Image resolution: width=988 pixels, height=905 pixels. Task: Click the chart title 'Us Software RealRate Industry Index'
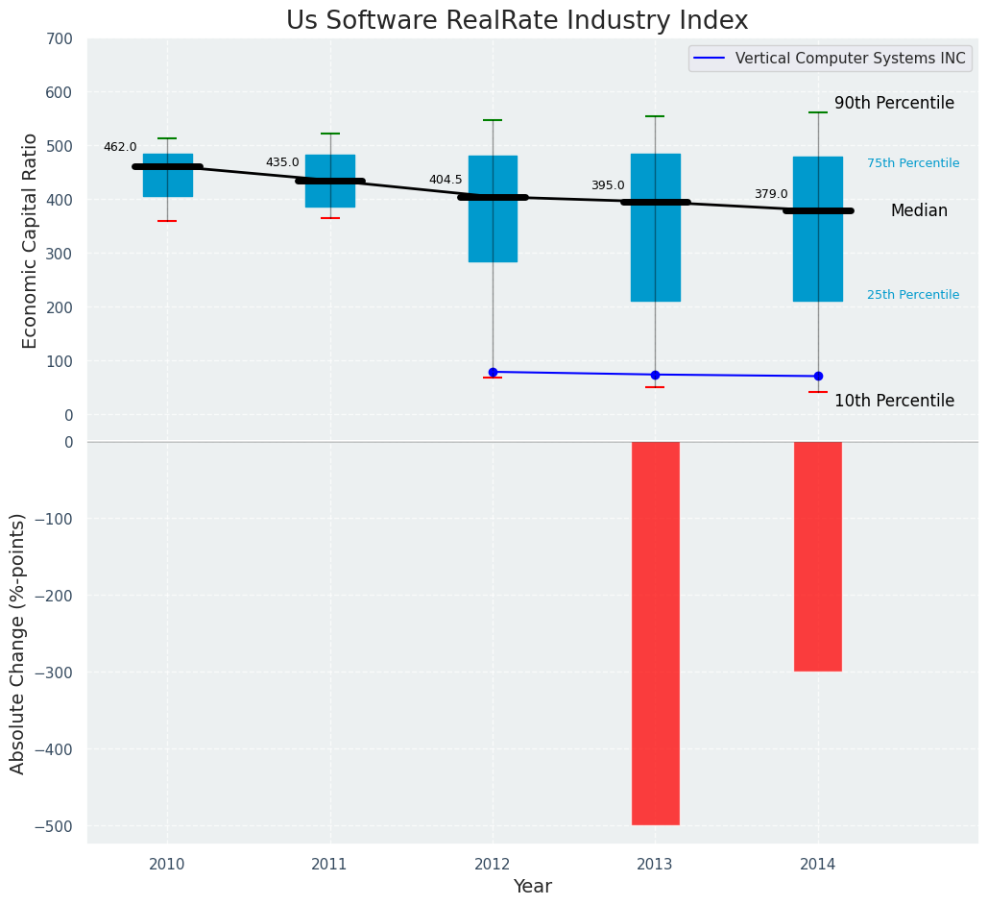[x=517, y=21]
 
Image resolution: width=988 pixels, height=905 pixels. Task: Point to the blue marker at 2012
[x=493, y=372]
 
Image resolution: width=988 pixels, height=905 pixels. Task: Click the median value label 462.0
[x=120, y=147]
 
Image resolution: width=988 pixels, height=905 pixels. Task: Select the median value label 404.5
[x=446, y=180]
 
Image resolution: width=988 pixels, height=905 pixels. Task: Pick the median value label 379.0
[x=770, y=194]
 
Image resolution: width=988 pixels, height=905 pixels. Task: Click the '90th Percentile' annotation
[x=894, y=103]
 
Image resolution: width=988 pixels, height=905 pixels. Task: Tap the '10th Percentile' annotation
[x=894, y=401]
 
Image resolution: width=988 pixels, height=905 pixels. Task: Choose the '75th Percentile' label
[x=913, y=163]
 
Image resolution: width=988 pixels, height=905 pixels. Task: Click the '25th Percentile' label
[x=913, y=295]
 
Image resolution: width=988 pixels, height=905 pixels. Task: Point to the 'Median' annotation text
[x=919, y=210]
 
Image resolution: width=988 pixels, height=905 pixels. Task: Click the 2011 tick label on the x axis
[x=330, y=865]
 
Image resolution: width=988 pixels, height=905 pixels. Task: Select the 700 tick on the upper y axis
[x=59, y=39]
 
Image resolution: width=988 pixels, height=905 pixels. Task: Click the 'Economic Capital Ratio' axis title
[x=31, y=240]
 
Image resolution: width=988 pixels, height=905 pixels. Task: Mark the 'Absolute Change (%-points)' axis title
[x=18, y=643]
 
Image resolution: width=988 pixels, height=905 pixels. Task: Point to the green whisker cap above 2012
[x=493, y=120]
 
